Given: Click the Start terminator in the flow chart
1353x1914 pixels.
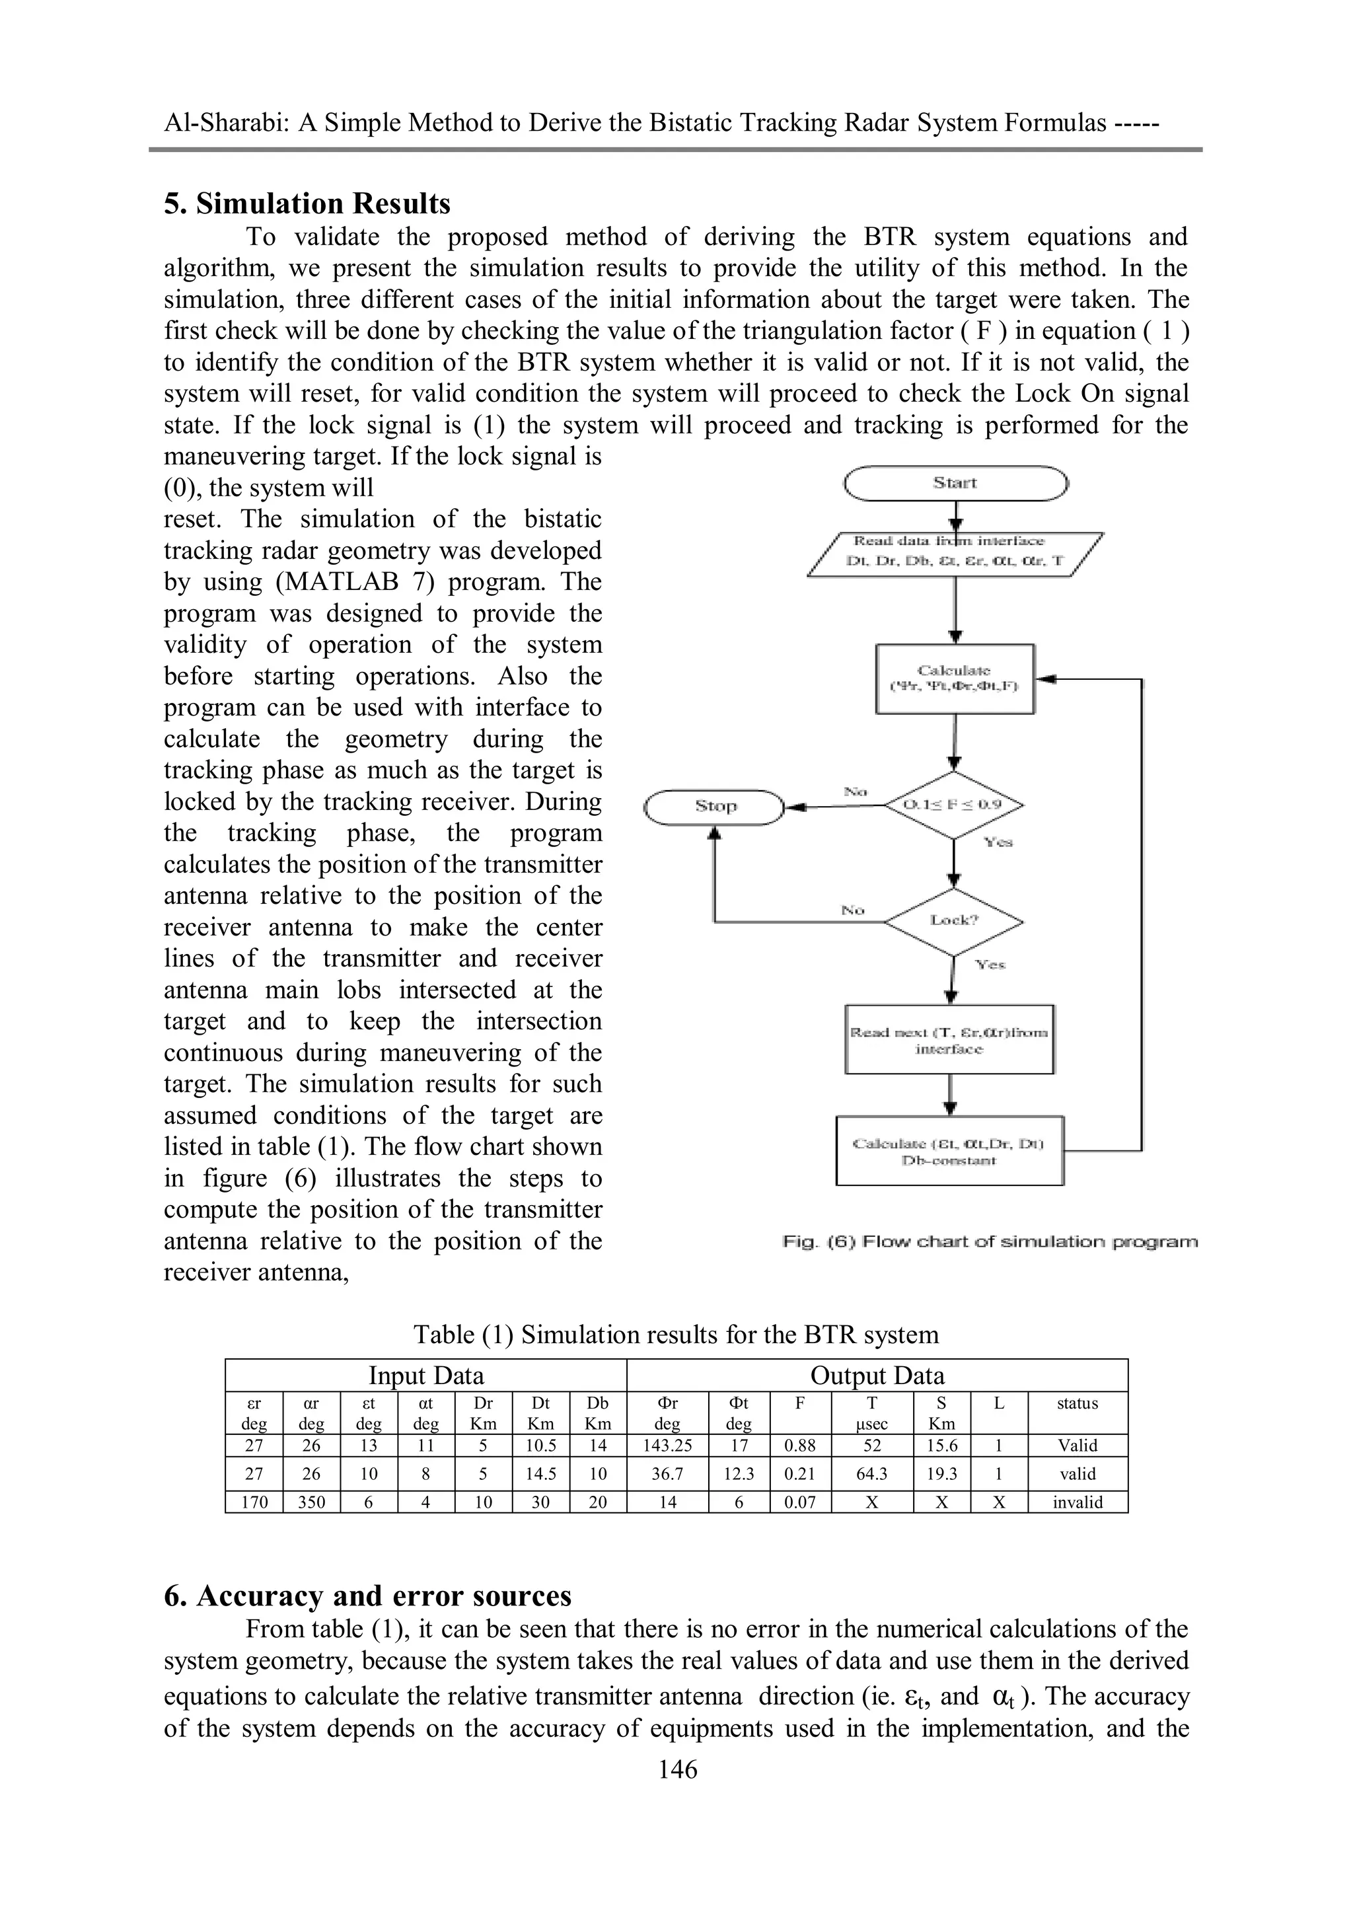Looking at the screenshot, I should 955,484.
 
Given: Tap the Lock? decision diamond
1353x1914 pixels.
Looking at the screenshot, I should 954,920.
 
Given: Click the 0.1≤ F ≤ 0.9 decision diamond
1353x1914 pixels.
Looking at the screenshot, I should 954,805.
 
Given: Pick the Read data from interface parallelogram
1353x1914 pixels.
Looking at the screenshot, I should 955,552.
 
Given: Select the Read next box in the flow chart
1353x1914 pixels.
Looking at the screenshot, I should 949,1039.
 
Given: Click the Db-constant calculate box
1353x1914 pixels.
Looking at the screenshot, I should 949,1151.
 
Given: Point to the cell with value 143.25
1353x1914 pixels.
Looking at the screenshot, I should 667,1446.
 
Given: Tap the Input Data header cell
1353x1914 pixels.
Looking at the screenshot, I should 426,1376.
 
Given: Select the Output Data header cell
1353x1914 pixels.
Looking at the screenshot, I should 877,1376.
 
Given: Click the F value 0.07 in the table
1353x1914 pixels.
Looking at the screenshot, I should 799,1502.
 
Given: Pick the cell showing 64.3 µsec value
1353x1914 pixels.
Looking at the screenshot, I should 872,1474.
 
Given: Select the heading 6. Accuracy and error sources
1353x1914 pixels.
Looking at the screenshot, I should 367,1596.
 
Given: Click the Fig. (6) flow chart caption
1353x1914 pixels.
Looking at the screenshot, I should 990,1242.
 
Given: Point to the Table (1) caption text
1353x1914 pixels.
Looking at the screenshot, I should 676,1335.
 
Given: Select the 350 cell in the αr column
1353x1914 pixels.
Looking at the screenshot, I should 311,1502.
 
